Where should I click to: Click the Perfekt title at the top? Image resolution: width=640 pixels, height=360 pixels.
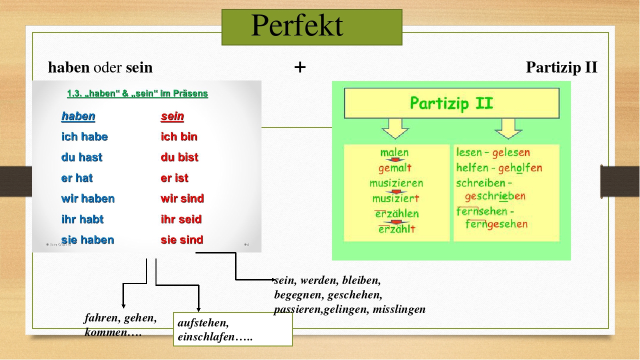(297, 25)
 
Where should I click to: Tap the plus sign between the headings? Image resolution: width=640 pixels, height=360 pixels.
(300, 67)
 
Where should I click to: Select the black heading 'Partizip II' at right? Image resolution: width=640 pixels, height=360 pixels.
(561, 67)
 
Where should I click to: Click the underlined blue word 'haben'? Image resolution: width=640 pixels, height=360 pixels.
(78, 116)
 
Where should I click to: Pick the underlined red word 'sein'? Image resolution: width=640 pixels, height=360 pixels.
(172, 116)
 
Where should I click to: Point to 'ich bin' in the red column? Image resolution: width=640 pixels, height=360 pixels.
(179, 136)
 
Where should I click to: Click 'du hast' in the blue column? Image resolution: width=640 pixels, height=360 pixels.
(81, 157)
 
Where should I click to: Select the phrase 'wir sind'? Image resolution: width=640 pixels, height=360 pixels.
(182, 198)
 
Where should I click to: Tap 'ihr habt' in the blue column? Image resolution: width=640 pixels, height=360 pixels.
(82, 219)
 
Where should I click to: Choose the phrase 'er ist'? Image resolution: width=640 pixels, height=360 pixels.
(174, 178)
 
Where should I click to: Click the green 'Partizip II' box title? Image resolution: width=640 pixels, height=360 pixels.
(451, 103)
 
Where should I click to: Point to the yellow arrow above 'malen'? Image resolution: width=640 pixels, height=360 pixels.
(395, 128)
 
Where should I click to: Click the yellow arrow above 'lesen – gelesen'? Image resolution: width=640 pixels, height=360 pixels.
(508, 128)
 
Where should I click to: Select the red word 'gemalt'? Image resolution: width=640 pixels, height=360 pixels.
(395, 167)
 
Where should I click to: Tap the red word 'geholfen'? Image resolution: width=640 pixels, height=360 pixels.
(520, 167)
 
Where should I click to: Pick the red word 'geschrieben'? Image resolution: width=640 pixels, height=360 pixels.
(495, 196)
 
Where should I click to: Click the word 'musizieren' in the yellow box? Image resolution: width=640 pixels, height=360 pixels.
(396, 183)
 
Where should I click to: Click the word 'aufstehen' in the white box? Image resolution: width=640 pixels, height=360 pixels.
(203, 323)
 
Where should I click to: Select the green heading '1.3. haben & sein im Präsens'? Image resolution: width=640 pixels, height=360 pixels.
(137, 93)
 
